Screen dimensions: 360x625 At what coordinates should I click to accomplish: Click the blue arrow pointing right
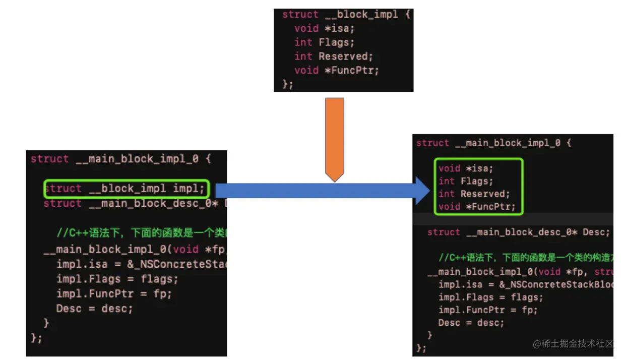point(323,191)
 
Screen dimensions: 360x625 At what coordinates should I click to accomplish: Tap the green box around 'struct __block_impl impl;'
point(126,189)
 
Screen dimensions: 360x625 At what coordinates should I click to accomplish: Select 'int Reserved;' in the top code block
point(333,56)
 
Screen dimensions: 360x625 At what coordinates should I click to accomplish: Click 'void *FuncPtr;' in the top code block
point(336,70)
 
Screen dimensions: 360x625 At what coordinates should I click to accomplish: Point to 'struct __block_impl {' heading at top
point(346,15)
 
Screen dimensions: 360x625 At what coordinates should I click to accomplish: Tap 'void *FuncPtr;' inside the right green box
point(476,206)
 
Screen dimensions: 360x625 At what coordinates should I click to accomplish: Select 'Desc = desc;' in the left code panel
point(94,308)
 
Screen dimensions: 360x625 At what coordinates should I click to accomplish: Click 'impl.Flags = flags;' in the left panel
point(117,279)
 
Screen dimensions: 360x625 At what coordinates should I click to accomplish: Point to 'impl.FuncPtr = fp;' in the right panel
point(487,310)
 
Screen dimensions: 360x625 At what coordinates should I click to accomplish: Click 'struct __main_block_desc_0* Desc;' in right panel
point(518,232)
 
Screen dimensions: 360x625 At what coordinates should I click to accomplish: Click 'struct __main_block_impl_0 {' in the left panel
point(120,159)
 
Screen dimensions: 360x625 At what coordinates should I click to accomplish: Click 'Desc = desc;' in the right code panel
point(471,323)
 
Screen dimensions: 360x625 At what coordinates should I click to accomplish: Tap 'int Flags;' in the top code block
point(324,42)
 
